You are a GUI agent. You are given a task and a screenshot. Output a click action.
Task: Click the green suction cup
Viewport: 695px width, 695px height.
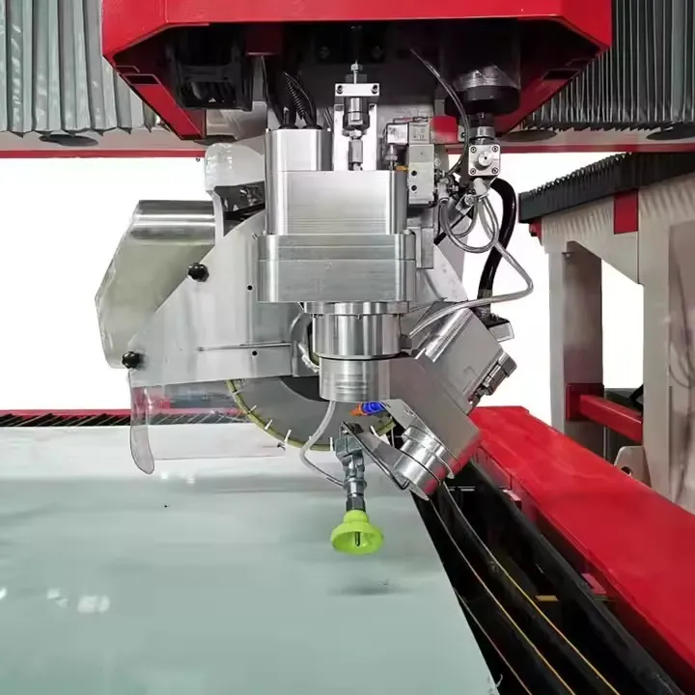tap(357, 531)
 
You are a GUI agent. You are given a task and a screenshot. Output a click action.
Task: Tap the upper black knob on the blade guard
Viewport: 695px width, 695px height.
tap(198, 272)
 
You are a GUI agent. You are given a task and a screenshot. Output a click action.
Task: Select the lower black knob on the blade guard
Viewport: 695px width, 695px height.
tap(131, 359)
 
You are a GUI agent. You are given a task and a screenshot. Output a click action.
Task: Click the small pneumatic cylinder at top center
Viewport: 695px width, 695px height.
tap(356, 106)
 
